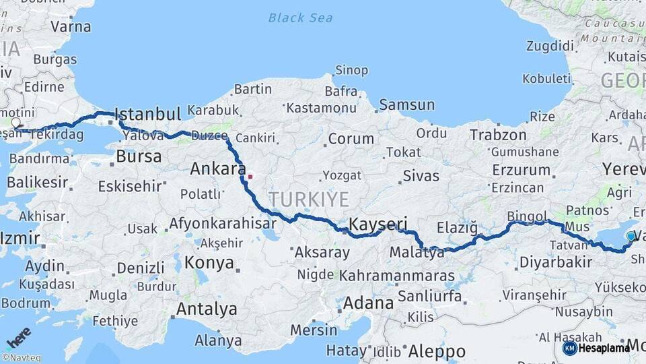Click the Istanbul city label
[x=148, y=113]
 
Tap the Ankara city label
[x=217, y=169]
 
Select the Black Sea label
[x=300, y=18]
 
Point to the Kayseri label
[x=378, y=224]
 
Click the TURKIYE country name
[x=309, y=199]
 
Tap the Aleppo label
[x=436, y=351]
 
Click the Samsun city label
[x=406, y=104]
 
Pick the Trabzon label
[x=498, y=135]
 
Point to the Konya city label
[x=209, y=262]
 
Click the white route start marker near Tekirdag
[x=16, y=123]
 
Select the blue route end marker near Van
[x=631, y=236]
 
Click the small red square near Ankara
[x=250, y=177]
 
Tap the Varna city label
[x=71, y=27]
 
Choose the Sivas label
[x=421, y=177]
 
